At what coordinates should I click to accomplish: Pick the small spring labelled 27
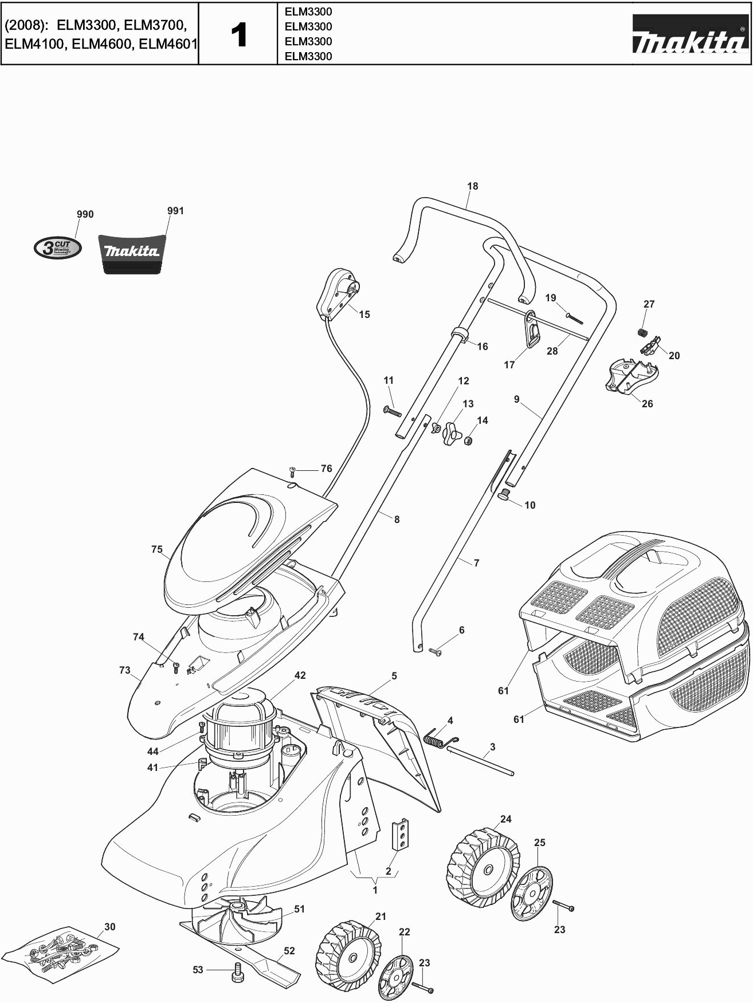pyautogui.click(x=642, y=331)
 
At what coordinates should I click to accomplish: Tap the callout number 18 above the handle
pyautogui.click(x=472, y=186)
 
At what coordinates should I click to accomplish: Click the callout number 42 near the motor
pyautogui.click(x=300, y=676)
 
